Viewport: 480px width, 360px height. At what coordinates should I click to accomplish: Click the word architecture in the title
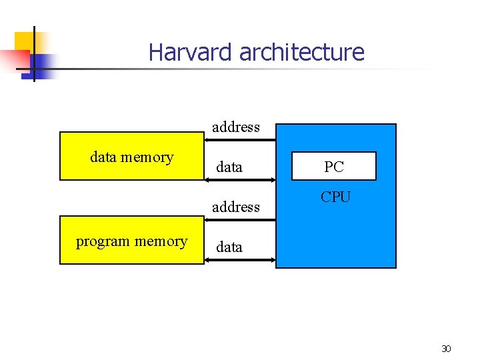pyautogui.click(x=301, y=52)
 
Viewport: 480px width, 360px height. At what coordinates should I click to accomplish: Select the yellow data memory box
pyautogui.click(x=131, y=157)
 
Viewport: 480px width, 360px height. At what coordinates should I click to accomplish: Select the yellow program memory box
pyautogui.click(x=131, y=240)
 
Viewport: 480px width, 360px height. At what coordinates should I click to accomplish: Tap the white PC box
pyautogui.click(x=334, y=167)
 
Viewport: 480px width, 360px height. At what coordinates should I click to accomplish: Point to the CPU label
pyautogui.click(x=335, y=197)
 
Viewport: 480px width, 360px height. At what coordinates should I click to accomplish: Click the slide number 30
pyautogui.click(x=446, y=349)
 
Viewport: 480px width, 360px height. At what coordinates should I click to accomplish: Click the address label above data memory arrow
pyautogui.click(x=236, y=127)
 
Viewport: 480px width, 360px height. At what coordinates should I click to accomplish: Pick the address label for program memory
pyautogui.click(x=236, y=207)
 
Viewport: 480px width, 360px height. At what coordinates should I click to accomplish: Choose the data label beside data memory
pyautogui.click(x=229, y=167)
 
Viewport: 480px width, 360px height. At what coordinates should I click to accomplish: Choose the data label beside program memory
pyautogui.click(x=229, y=247)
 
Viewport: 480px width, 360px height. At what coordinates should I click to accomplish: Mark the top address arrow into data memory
pyautogui.click(x=239, y=140)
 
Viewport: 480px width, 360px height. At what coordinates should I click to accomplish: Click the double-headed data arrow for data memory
pyautogui.click(x=239, y=180)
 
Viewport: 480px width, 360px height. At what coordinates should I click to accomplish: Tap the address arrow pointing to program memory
pyautogui.click(x=239, y=219)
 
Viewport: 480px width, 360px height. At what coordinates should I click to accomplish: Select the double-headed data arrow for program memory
pyautogui.click(x=239, y=259)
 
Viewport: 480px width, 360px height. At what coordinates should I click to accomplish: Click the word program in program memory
pyautogui.click(x=103, y=241)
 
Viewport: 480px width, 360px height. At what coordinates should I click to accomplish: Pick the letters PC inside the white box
pyautogui.click(x=334, y=167)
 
